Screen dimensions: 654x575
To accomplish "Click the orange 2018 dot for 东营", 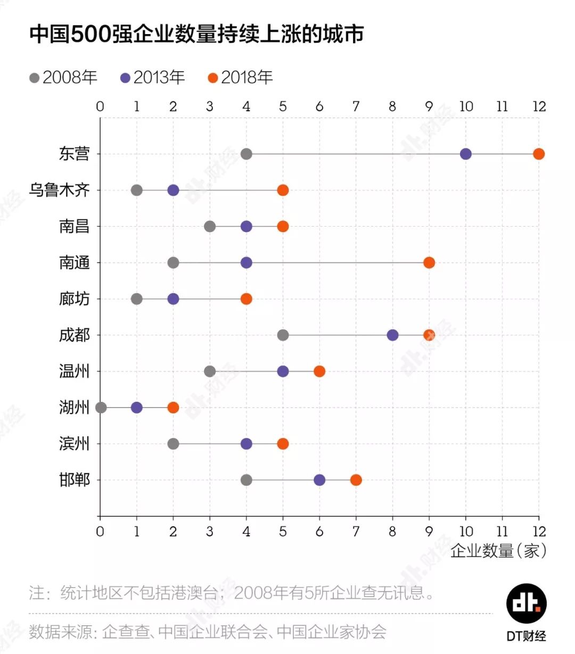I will (538, 154).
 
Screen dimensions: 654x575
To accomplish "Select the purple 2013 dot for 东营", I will (465, 154).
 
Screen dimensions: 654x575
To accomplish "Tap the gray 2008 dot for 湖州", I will (101, 408).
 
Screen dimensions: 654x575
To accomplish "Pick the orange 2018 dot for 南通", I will (429, 263).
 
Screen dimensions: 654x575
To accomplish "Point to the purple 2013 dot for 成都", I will (392, 335).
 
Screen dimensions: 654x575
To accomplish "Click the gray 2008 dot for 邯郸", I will (246, 480).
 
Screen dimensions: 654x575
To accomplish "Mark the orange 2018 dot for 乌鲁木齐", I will (283, 191).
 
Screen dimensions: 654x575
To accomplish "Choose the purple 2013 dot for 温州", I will (283, 371).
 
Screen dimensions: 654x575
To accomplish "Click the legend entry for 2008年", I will (63, 78).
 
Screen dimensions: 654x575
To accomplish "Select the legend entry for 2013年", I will (152, 78).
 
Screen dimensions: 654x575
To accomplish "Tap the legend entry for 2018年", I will (240, 78).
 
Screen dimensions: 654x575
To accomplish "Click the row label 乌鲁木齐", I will (59, 190).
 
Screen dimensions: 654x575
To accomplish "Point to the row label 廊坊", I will (74, 299).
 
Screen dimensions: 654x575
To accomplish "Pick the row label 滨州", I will (74, 443).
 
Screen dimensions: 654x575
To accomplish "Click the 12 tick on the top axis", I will (539, 106).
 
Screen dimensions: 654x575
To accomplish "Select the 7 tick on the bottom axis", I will (356, 531).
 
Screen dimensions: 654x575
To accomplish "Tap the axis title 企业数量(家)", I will (498, 551).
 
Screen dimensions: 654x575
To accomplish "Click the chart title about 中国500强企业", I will (196, 34).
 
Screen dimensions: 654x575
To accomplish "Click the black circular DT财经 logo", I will (526, 603).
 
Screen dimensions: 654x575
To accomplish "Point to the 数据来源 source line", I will (208, 632).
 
